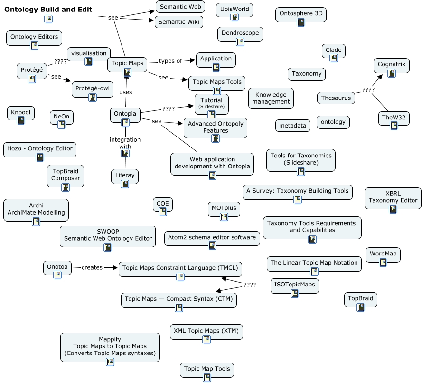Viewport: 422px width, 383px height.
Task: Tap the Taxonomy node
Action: click(307, 74)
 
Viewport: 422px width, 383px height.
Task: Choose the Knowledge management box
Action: click(271, 98)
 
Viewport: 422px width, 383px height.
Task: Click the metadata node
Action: click(293, 125)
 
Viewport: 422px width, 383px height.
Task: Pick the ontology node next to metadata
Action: click(333, 122)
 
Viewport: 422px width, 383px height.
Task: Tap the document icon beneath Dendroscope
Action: click(240, 42)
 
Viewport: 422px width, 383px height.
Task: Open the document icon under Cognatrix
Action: click(392, 73)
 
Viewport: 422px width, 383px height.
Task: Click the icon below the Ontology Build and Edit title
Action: click(48, 19)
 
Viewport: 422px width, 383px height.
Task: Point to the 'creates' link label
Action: click(92, 267)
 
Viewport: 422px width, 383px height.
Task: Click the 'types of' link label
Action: click(170, 60)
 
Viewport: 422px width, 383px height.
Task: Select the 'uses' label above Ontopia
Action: click(126, 92)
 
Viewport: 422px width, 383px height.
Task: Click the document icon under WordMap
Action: click(383, 262)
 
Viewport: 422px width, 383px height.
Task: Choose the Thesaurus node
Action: click(336, 98)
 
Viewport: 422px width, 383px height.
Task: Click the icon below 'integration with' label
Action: click(125, 153)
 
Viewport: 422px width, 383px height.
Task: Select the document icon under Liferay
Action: click(125, 184)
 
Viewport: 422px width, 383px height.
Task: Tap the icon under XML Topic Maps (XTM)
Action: click(206, 340)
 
